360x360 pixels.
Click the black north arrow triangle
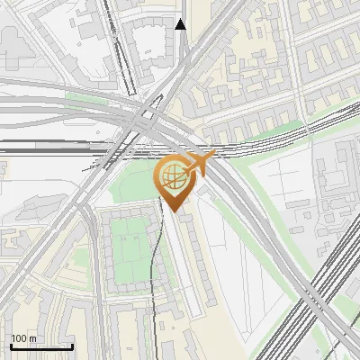coord(181,24)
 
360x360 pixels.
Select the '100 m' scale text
coord(23,339)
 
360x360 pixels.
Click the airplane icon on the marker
coord(201,165)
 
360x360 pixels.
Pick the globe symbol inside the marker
coord(173,179)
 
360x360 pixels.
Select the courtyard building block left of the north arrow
coord(144,45)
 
